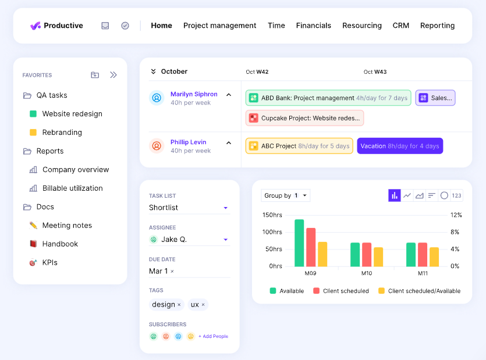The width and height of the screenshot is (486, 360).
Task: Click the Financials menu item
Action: (313, 26)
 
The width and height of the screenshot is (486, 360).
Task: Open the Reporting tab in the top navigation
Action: (437, 26)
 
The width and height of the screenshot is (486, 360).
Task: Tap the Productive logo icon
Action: (36, 26)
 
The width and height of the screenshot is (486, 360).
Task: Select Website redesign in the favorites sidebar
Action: (72, 114)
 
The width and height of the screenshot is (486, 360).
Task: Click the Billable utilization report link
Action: (72, 188)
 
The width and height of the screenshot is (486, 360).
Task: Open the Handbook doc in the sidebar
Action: (60, 244)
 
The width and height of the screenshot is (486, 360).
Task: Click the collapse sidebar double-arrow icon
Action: (113, 75)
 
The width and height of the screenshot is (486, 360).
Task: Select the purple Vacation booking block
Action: (400, 146)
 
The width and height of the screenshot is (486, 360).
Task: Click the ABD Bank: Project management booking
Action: (328, 98)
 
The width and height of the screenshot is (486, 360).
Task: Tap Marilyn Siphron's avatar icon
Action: (157, 98)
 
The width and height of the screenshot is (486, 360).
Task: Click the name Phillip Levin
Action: (188, 142)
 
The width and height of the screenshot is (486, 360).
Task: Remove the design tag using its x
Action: (179, 305)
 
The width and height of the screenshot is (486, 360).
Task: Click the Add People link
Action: (213, 336)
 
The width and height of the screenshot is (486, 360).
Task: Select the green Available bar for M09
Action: (299, 243)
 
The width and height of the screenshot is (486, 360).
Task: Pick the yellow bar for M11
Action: (434, 256)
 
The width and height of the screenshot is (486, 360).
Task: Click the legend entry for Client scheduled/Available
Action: (424, 291)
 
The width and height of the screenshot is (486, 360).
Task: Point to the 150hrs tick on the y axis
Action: (272, 215)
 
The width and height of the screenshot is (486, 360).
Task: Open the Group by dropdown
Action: (286, 195)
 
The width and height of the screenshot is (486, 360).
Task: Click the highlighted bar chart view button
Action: (395, 195)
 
